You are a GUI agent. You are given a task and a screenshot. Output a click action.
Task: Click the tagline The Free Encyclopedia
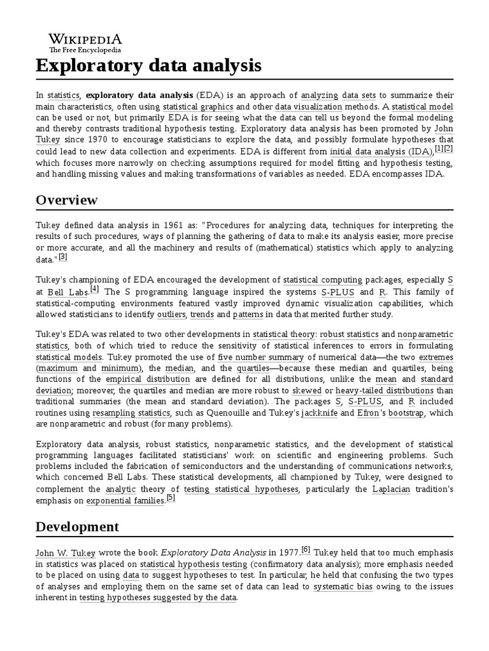[85, 50]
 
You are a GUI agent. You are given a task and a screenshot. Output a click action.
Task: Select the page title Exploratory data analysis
[148, 65]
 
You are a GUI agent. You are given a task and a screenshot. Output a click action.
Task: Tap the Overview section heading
[67, 200]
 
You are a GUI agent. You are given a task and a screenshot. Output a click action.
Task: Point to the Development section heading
[77, 526]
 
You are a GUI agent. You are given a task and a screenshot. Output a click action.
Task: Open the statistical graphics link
[198, 107]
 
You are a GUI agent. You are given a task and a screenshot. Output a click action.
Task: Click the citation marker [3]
[63, 257]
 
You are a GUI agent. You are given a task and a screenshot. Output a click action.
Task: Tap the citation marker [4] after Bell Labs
[95, 289]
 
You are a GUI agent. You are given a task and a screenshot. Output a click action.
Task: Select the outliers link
[171, 314]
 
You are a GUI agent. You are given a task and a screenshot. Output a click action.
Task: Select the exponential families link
[125, 500]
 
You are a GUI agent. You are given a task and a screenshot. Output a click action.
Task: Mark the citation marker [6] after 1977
[306, 549]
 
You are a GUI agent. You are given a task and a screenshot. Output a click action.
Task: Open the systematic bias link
[343, 587]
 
